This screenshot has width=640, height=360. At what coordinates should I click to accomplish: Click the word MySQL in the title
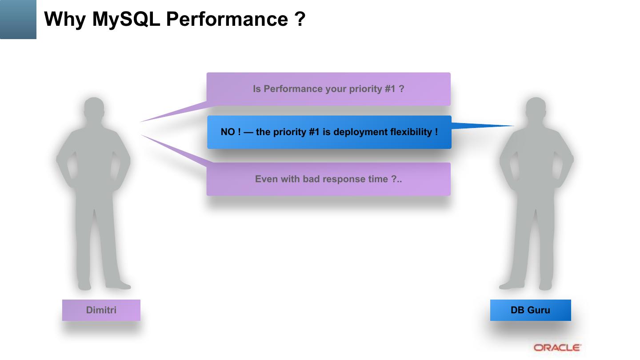click(x=126, y=19)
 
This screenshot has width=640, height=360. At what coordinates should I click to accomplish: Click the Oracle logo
click(x=557, y=348)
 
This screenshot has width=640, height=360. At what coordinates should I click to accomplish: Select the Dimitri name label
click(x=101, y=310)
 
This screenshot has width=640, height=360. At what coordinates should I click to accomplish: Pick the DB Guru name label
click(x=530, y=310)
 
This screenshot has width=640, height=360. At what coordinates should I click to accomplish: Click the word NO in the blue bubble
click(x=228, y=132)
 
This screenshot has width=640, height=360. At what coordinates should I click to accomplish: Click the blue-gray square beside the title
click(x=18, y=20)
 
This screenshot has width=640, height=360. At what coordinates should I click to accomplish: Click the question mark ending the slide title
click(x=300, y=19)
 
